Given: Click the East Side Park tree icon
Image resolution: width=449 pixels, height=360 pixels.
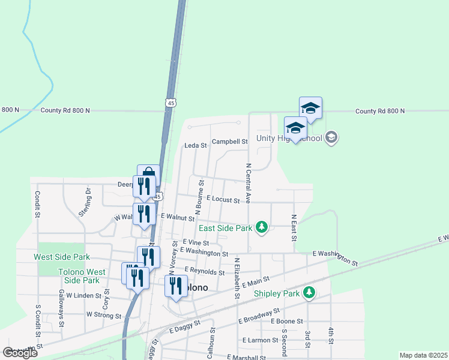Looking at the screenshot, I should point(261,227).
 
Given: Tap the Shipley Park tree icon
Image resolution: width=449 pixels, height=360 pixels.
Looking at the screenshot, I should point(309,293).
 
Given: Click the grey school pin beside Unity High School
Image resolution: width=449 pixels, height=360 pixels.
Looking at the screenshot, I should point(330,138).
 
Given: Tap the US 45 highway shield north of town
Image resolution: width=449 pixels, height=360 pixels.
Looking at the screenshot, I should point(172,103).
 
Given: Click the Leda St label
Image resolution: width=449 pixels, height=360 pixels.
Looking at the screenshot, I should point(195,145).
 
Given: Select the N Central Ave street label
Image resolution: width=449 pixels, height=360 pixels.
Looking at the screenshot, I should point(247,182).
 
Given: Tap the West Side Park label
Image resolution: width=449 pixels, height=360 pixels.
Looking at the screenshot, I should point(62,257).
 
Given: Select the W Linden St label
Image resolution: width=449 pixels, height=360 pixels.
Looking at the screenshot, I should point(84,295).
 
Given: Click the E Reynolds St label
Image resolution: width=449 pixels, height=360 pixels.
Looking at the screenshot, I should point(204,271).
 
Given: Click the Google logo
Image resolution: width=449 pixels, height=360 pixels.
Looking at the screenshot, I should point(20,353).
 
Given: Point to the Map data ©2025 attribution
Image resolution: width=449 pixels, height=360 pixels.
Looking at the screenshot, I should point(423,355).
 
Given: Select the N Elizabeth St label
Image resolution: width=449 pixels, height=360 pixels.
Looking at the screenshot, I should point(237,278).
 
